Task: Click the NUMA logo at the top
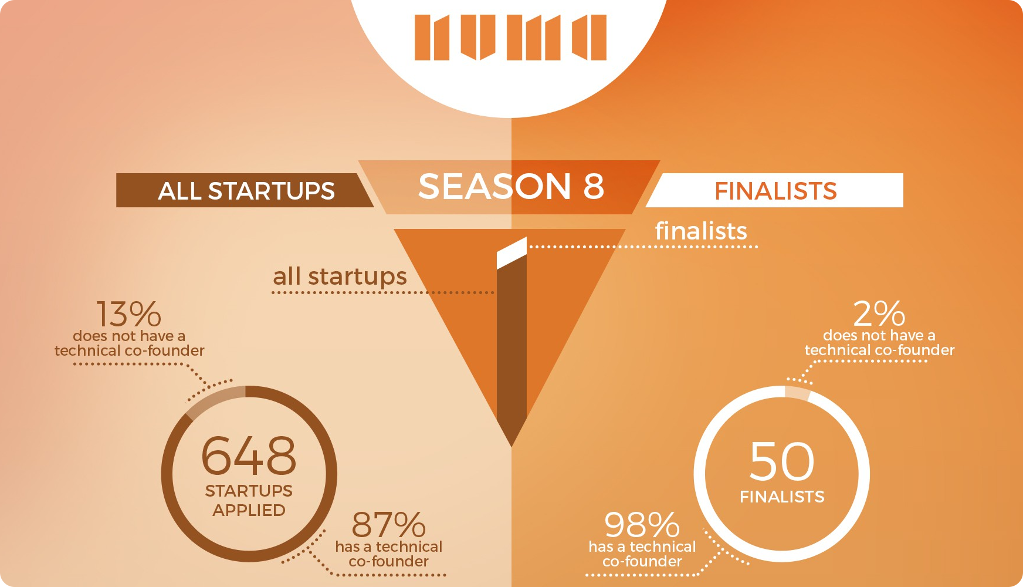click(x=510, y=38)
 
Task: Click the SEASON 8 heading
click(x=511, y=187)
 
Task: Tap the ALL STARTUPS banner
click(x=246, y=191)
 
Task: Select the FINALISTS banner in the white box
click(x=775, y=191)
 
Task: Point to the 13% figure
click(x=128, y=314)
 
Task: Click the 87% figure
click(x=388, y=525)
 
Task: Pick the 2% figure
click(x=879, y=313)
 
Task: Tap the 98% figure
click(x=642, y=525)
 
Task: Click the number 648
click(x=249, y=456)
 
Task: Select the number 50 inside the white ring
click(x=782, y=461)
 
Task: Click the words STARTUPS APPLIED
click(x=249, y=501)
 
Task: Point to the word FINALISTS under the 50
click(x=782, y=497)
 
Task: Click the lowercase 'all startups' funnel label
click(x=340, y=276)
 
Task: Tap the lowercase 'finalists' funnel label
click(x=701, y=231)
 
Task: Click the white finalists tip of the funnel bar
click(x=512, y=253)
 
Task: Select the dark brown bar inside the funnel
click(x=512, y=352)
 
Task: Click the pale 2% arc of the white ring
click(x=798, y=392)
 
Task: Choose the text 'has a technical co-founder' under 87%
click(x=388, y=554)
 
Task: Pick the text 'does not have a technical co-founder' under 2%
click(x=879, y=343)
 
